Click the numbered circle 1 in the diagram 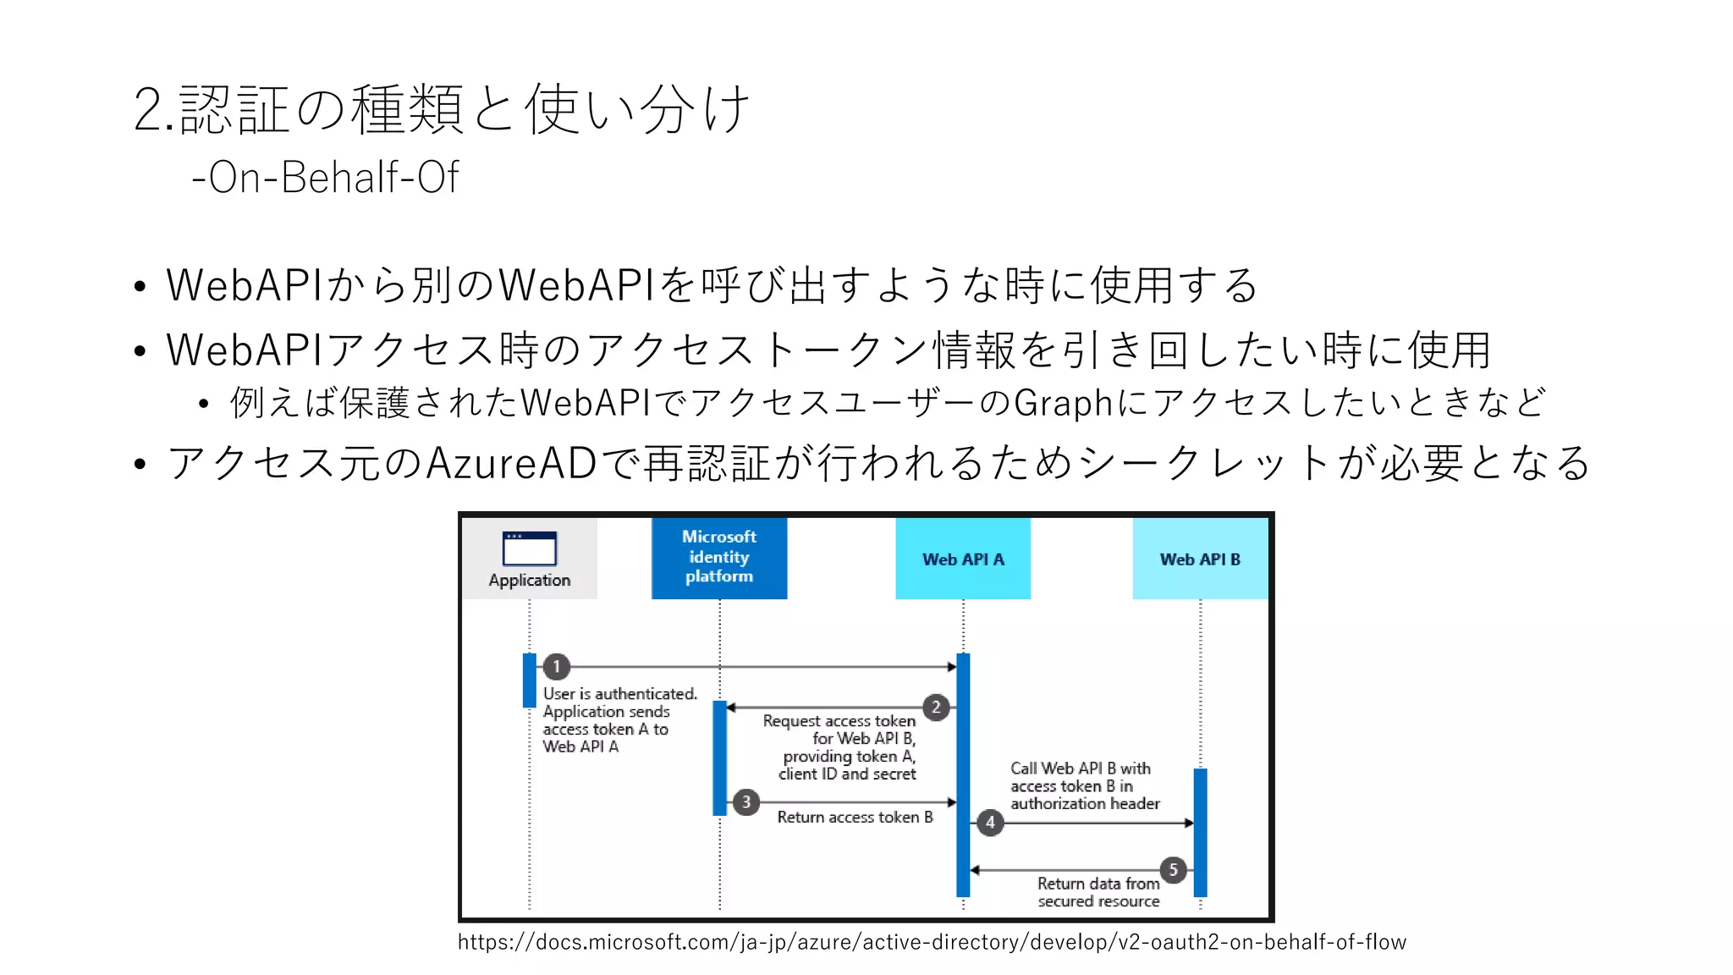pos(556,667)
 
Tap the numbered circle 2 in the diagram pos(936,707)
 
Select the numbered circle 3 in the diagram pos(745,801)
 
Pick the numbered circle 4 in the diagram pos(990,823)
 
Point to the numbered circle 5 pos(1174,869)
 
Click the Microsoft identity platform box pos(719,557)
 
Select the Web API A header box pos(963,559)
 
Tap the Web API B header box pos(1200,559)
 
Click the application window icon pos(530,548)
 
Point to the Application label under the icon pos(530,581)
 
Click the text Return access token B pos(855,818)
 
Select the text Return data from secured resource pos(1098,892)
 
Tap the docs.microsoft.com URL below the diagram pos(932,942)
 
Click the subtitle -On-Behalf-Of pos(326,178)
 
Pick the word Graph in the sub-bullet pos(1063,403)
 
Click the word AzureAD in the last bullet pos(512,463)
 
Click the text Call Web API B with pos(1080,768)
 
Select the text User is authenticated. pos(619,694)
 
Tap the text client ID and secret pos(847,774)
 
